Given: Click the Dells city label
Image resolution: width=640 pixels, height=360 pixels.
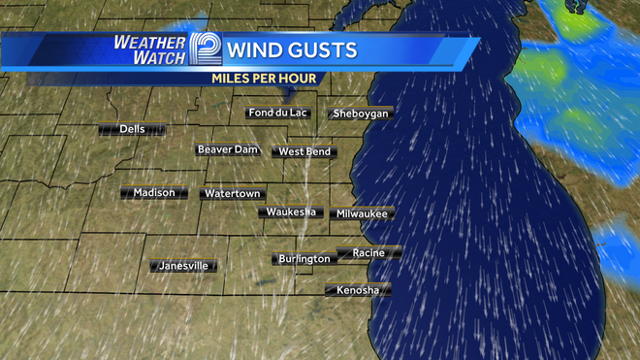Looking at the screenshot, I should (132, 129).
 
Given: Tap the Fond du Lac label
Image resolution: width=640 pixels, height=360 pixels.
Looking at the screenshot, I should (278, 113).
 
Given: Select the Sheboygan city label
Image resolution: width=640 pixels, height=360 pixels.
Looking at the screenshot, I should (360, 114).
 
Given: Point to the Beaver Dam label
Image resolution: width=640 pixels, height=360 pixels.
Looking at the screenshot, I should (227, 149).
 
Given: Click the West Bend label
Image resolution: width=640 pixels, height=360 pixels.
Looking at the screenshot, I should (304, 152).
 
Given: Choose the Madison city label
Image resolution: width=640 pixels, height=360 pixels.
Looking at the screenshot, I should (154, 192).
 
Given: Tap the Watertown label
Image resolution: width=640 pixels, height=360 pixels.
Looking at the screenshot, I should (232, 194).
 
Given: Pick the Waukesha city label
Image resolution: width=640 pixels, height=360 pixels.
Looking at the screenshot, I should (291, 212).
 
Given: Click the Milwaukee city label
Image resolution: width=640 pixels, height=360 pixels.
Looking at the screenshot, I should (362, 213).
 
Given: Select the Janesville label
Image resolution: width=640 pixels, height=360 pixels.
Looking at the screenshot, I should (182, 266).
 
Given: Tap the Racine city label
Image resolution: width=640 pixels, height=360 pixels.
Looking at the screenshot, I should (368, 253).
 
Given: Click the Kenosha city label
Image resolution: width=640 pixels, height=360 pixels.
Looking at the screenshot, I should (358, 290).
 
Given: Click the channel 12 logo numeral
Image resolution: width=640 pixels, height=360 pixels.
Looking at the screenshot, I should (205, 50).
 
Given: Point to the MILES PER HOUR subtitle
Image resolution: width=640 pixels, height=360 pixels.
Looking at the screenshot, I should (264, 77).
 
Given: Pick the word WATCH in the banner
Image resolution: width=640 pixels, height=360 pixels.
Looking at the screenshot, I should (156, 59).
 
